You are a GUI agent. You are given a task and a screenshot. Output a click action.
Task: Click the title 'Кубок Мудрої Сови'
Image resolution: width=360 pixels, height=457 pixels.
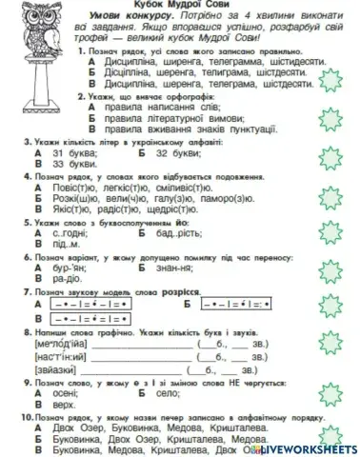180,6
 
